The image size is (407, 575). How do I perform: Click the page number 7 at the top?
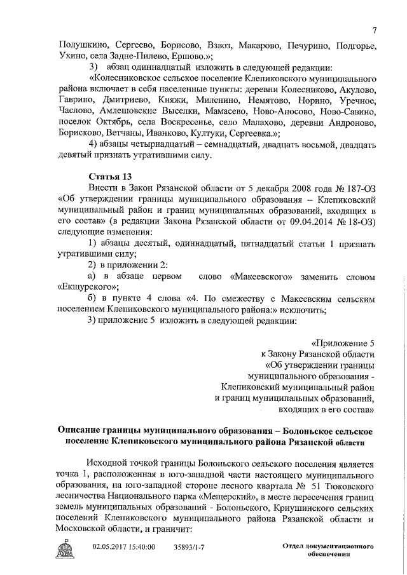click(375, 30)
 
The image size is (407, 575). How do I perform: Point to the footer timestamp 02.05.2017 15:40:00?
click(124, 545)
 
